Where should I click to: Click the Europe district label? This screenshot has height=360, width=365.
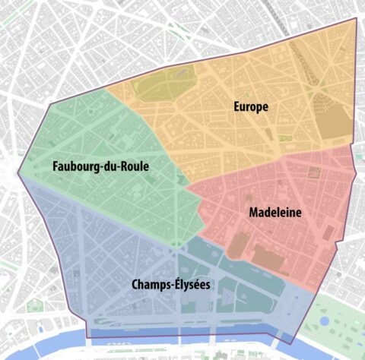(250, 107)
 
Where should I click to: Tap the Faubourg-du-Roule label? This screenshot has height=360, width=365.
(100, 166)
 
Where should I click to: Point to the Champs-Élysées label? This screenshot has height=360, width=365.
(170, 285)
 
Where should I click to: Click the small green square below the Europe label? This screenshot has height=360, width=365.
(284, 138)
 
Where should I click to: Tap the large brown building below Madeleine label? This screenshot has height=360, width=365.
(271, 258)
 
